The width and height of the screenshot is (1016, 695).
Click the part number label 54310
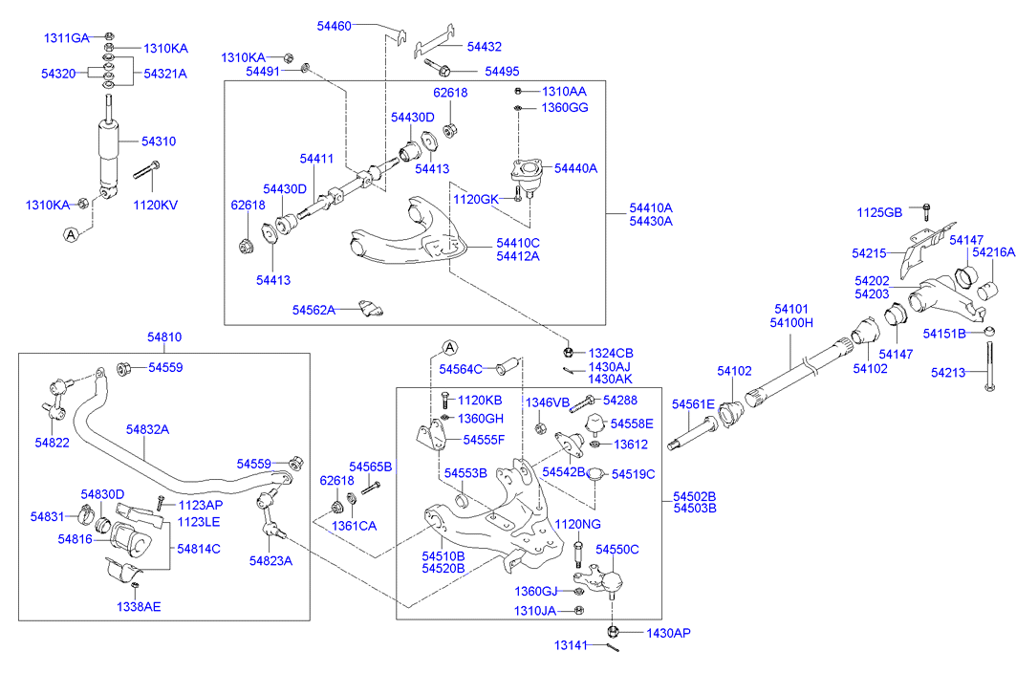pos(159,141)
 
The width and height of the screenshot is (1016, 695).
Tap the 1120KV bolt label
pos(155,205)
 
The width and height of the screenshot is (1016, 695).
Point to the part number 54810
pos(164,337)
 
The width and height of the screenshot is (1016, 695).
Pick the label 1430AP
pos(667,633)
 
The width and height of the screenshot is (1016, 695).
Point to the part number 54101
pos(791,310)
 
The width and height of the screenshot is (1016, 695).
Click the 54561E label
pos(693,405)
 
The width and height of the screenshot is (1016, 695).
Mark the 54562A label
pos(314,310)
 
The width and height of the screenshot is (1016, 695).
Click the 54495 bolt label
pos(502,71)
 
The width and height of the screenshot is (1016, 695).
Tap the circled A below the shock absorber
pos(72,233)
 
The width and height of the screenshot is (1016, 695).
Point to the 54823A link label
pos(270,560)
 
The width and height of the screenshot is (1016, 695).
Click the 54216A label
pos(993,253)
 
